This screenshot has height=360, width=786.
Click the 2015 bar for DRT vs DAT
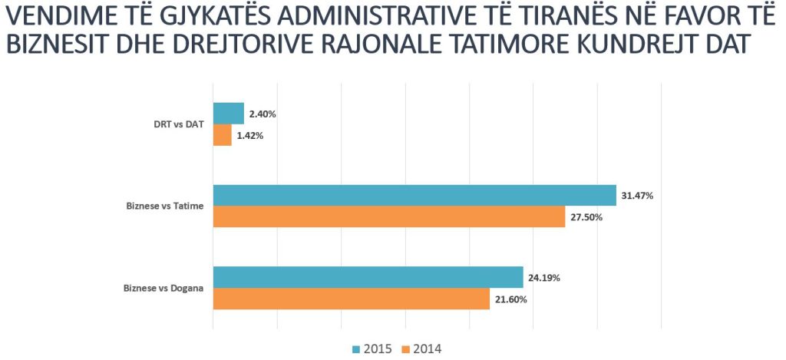(228, 114)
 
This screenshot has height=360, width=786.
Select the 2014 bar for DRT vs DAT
(222, 135)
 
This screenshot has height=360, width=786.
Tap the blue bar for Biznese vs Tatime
(414, 196)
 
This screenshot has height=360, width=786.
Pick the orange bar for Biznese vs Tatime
(388, 217)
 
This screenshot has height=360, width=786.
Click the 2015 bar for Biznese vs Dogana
(368, 277)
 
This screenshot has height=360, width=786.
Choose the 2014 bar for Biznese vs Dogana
(351, 299)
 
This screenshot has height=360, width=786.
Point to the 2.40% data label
(263, 114)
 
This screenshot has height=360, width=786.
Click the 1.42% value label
(250, 136)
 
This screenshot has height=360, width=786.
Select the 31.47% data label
(636, 196)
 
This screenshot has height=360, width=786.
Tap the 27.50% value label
(586, 217)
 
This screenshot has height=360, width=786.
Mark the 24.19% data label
(543, 278)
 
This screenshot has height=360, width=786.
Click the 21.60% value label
(510, 299)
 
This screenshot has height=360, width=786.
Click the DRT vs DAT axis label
(179, 124)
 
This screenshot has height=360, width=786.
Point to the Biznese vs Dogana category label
(163, 289)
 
